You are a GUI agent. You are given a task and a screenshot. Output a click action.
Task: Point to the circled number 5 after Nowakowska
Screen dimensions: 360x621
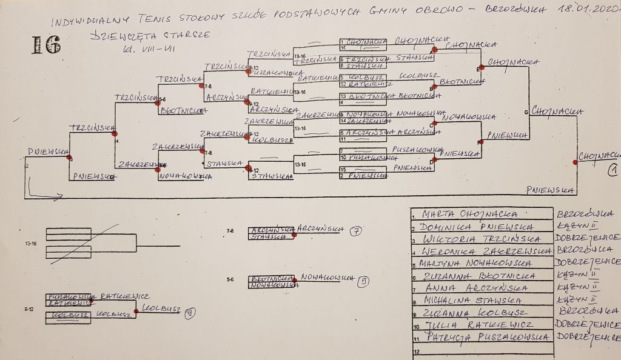click(363, 281)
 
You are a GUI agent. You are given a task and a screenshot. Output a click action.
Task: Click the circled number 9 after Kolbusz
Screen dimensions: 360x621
click(190, 313)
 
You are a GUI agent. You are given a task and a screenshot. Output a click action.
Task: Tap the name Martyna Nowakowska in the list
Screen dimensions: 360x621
click(479, 264)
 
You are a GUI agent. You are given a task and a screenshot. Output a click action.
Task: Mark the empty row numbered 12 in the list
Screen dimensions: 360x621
click(482, 351)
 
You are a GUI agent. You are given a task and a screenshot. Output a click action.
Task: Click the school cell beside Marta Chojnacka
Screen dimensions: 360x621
click(586, 214)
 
